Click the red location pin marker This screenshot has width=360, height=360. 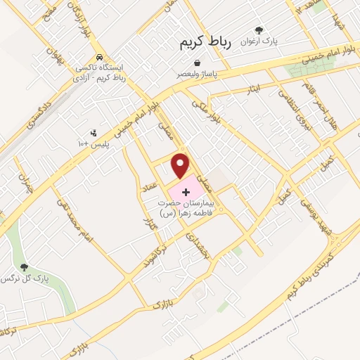pos(181,166)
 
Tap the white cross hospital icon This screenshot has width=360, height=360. pos(186,191)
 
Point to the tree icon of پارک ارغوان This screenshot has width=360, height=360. pos(259,31)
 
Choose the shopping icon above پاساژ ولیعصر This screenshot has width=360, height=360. pos(206,63)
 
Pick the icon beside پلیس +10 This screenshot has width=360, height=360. pos(94,133)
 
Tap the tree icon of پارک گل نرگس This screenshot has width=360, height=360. pos(25,267)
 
